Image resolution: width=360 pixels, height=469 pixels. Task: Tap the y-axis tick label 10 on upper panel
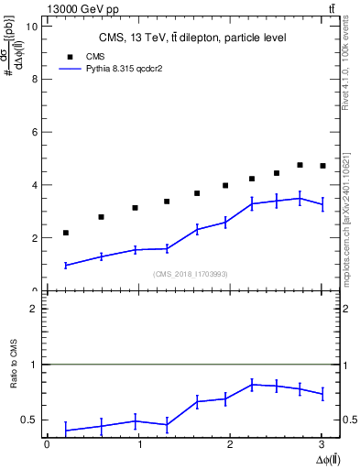point(32,27)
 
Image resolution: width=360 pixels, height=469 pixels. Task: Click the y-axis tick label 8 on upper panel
point(35,79)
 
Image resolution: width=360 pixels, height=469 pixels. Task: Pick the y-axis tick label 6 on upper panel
point(35,132)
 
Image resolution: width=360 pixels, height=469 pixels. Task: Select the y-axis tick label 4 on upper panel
point(35,185)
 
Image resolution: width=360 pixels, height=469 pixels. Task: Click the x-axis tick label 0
point(47,444)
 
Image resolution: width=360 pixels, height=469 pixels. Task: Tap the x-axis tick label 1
point(138,444)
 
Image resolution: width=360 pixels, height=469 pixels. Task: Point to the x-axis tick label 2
point(230,444)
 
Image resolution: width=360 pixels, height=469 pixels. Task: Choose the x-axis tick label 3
point(322,444)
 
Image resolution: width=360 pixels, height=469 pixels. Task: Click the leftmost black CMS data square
point(65,233)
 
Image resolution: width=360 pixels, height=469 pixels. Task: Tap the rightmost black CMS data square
point(322,166)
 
